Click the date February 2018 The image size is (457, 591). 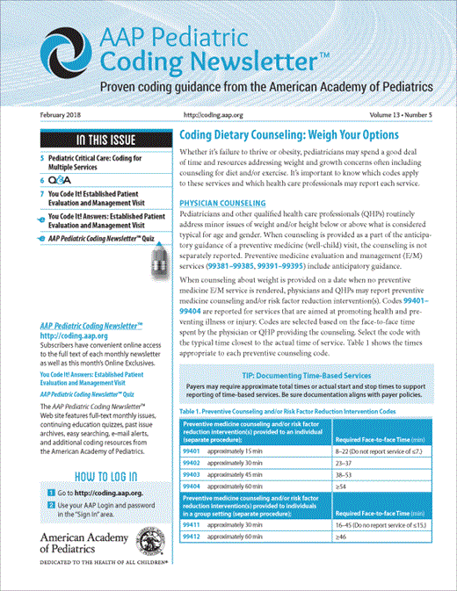pyautogui.click(x=60, y=115)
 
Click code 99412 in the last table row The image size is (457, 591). pyautogui.click(x=191, y=537)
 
